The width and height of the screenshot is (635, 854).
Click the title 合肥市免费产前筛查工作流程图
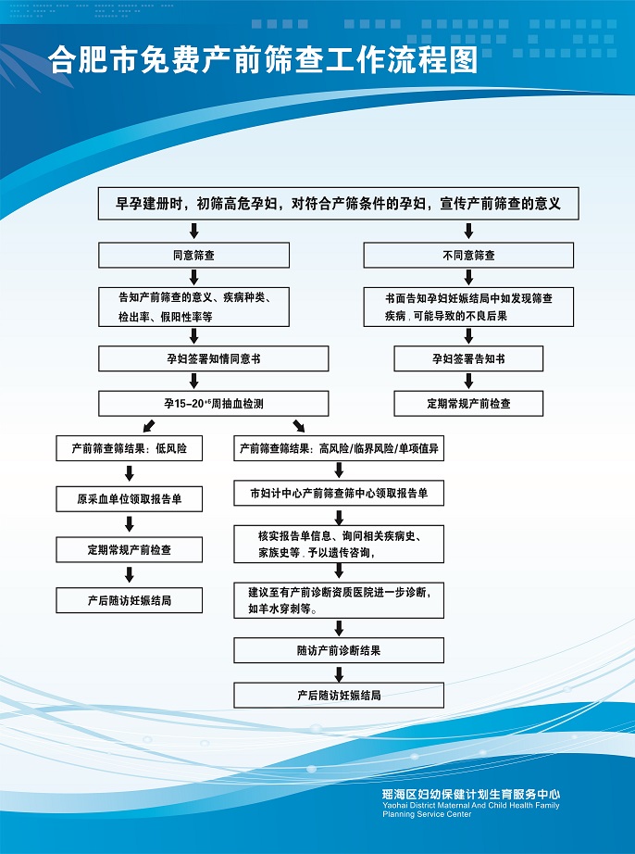(x=263, y=61)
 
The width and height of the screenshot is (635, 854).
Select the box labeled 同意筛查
(x=193, y=255)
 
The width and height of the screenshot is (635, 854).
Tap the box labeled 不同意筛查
(x=467, y=255)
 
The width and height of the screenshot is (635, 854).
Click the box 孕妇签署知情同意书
(x=213, y=358)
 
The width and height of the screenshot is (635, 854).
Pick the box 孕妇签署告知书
(x=467, y=358)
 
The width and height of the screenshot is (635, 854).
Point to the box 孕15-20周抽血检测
(x=213, y=403)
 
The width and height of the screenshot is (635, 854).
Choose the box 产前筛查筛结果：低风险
(x=129, y=448)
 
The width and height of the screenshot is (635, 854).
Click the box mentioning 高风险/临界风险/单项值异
(x=339, y=448)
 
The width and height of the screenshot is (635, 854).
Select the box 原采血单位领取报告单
(x=129, y=499)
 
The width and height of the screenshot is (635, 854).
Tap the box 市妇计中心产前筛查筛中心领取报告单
(x=339, y=493)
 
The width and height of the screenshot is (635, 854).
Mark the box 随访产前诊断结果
(x=339, y=650)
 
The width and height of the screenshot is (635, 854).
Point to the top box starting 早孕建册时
(x=339, y=204)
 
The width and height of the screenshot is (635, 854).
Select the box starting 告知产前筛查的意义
(x=193, y=307)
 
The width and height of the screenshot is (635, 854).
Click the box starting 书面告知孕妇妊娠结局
(x=467, y=307)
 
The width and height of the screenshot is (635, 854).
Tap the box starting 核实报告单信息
(x=339, y=545)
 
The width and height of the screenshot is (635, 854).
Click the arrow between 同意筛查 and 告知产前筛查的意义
(x=193, y=277)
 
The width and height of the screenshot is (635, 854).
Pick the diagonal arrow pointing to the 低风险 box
(x=147, y=425)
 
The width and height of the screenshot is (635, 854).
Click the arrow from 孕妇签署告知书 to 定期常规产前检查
(x=467, y=381)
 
